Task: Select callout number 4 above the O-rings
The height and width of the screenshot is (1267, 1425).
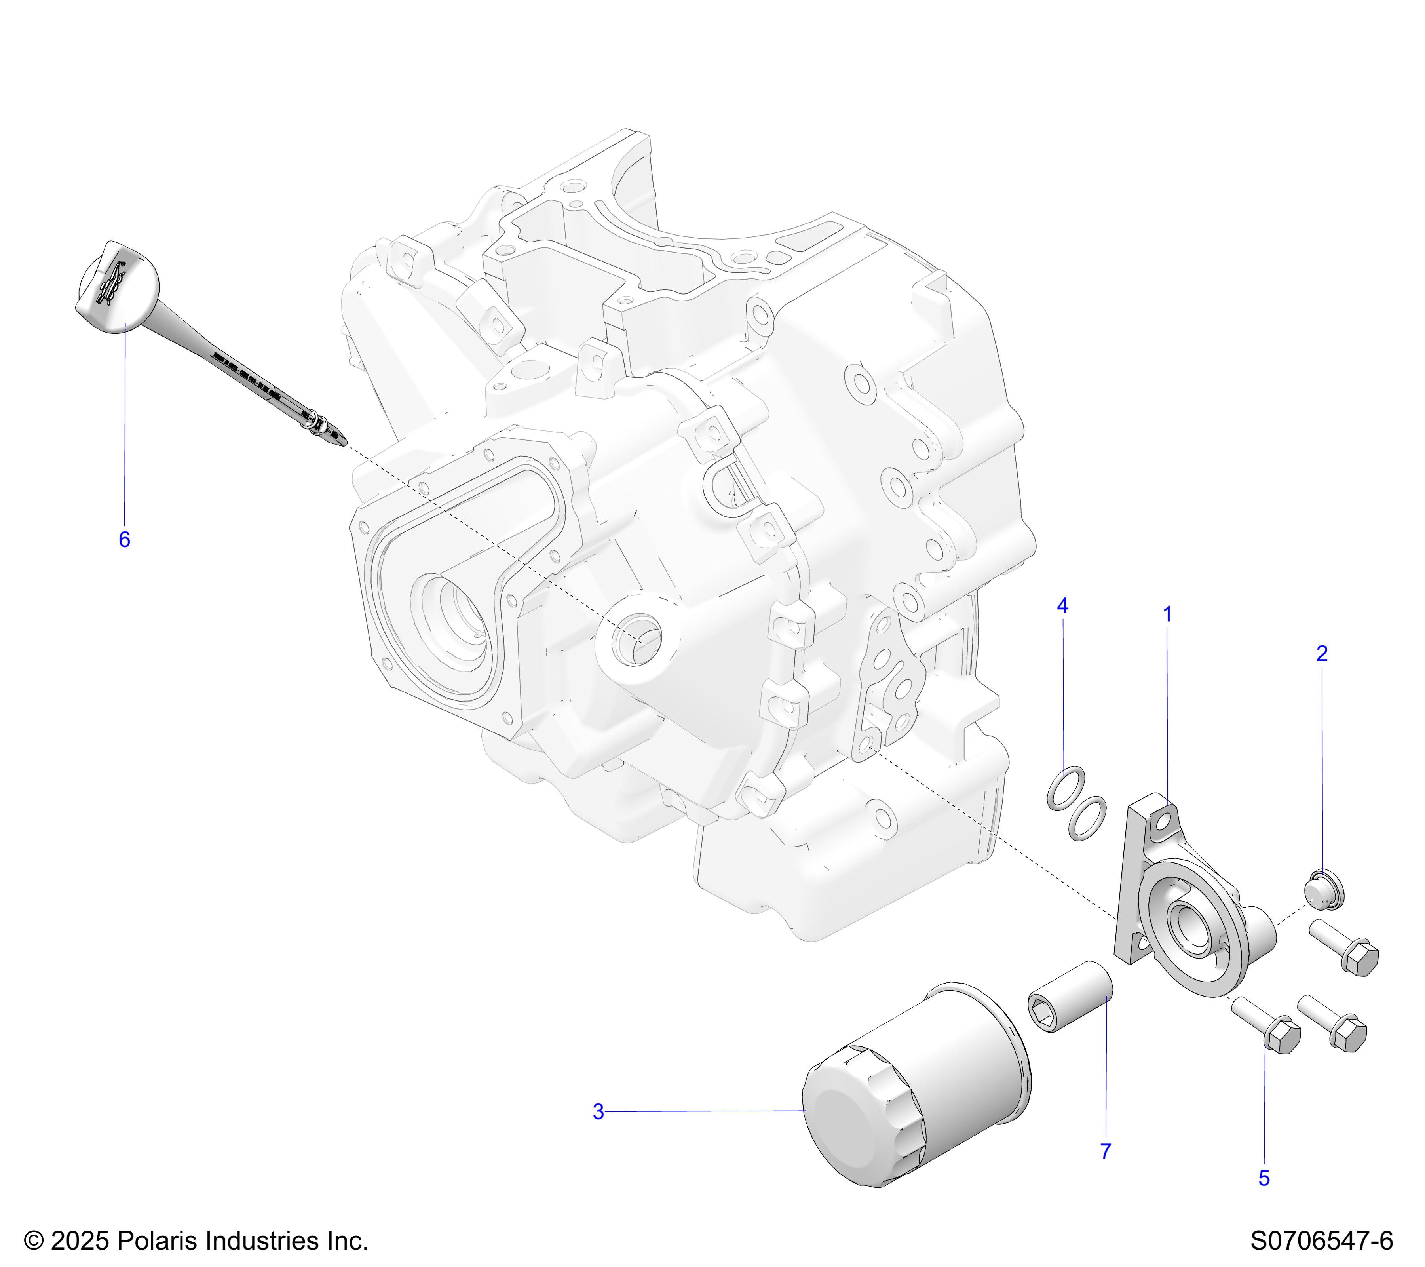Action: [x=1062, y=606]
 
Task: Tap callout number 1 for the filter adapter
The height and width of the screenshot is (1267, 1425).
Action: [x=1168, y=614]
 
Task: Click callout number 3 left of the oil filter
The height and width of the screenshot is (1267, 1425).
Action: [x=598, y=1112]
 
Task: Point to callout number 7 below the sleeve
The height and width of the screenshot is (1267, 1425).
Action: [x=1106, y=1152]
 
